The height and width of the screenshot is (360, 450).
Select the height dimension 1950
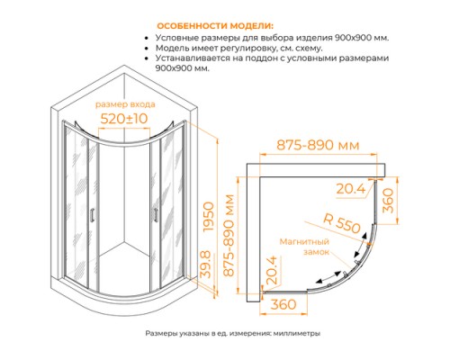(210, 216)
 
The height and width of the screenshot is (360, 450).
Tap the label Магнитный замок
(303, 247)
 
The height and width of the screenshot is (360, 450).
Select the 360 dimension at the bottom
(284, 306)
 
